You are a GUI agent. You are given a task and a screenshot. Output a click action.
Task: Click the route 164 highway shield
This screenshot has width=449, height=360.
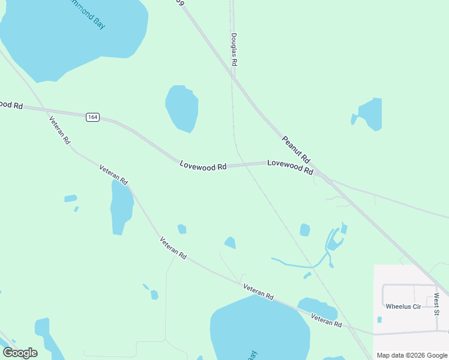(x=92, y=117)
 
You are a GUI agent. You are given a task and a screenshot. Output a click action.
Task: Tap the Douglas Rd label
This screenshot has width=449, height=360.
(x=234, y=50)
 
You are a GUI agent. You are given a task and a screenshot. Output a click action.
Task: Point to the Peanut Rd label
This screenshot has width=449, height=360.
(x=296, y=149)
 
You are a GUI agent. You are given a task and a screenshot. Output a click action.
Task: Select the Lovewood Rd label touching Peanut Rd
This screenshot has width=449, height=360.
(x=290, y=166)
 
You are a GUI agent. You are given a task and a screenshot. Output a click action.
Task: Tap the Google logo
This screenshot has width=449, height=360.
(x=20, y=353)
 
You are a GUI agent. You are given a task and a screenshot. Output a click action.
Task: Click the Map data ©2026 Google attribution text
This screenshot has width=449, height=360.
(x=411, y=355)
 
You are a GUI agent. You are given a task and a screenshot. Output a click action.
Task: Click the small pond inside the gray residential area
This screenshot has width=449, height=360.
(x=379, y=320)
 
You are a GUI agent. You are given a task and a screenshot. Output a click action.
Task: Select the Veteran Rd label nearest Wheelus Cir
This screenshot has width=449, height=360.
(x=326, y=320)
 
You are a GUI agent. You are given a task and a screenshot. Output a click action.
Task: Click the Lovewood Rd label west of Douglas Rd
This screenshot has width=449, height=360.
(x=203, y=165)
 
